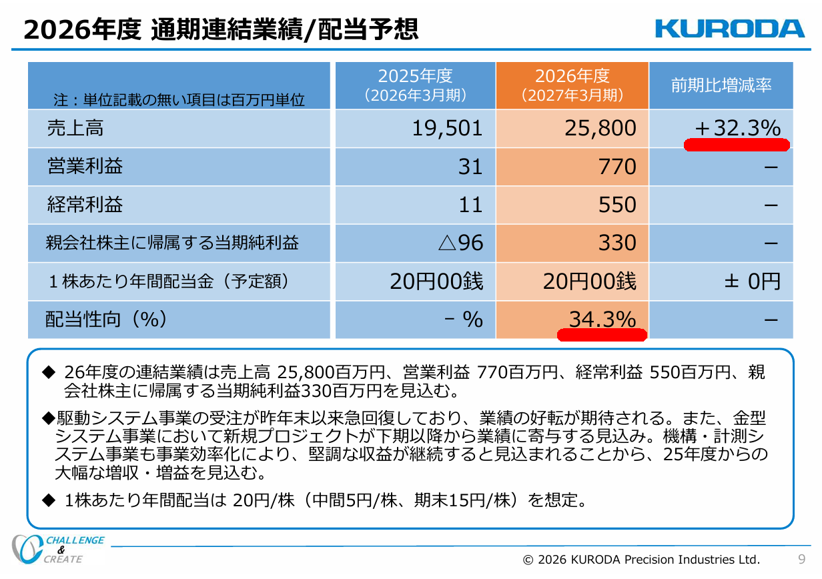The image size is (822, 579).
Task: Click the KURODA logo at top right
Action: coord(730,29)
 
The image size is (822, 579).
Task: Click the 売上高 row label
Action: coord(75,129)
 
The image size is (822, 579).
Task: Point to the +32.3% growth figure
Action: coord(738,128)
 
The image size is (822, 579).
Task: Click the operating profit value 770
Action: coord(617,167)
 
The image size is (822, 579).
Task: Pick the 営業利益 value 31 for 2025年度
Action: coord(470,167)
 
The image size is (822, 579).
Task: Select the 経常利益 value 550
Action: coord(617,205)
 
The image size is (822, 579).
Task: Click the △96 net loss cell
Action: coord(460,243)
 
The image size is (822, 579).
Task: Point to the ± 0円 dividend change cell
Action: coord(753,281)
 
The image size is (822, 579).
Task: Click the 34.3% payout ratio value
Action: coord(602,319)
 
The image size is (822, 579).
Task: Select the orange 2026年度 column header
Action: coord(572,85)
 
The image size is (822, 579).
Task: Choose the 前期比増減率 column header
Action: coord(721,85)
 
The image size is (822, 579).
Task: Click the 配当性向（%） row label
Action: coord(107,320)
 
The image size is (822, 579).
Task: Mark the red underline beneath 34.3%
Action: coord(602,335)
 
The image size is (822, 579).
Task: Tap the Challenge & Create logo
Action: coord(58,549)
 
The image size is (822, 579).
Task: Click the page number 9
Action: coord(802,559)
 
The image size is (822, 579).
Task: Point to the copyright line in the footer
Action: coord(641,560)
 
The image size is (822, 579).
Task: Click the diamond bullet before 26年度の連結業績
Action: coord(49,373)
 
